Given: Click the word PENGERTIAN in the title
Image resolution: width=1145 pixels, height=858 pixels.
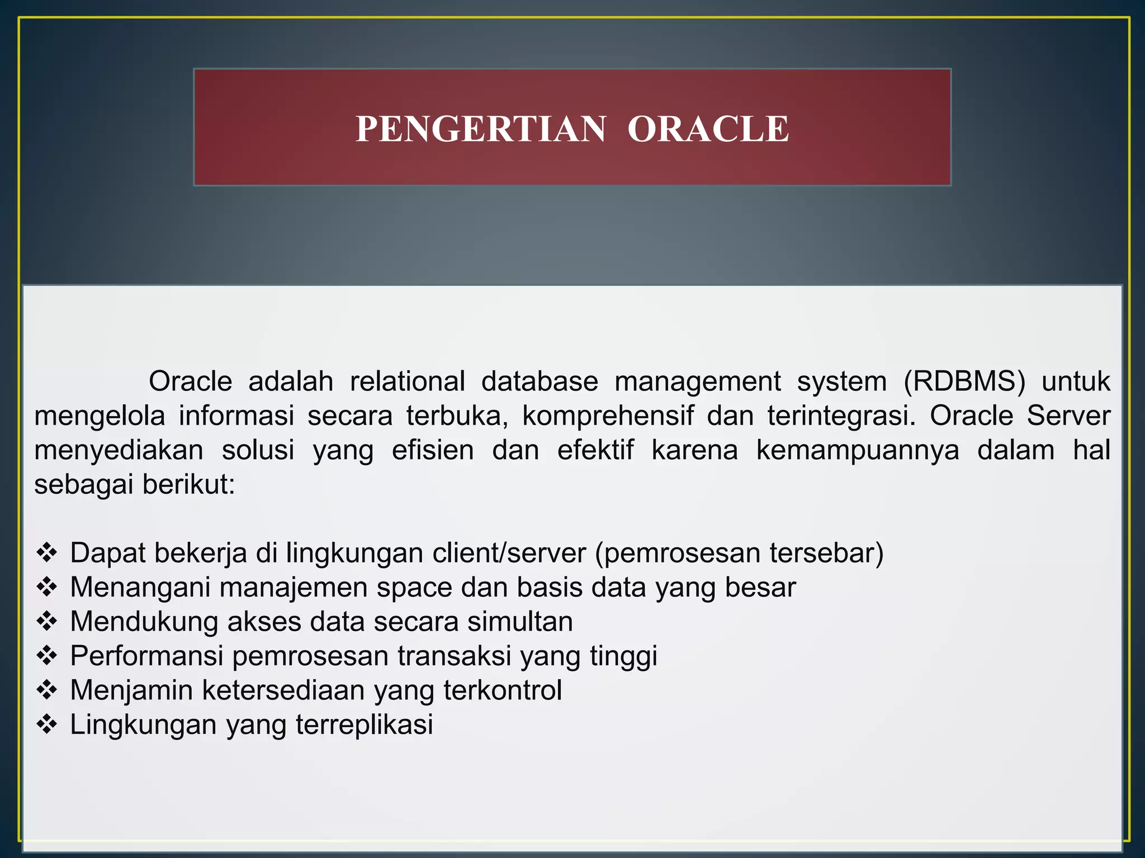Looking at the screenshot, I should pyautogui.click(x=481, y=129).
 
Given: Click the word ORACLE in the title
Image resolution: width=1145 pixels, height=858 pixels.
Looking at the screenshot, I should pyautogui.click(x=708, y=129).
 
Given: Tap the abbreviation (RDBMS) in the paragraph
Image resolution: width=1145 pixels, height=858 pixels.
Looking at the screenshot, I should pyautogui.click(x=964, y=382).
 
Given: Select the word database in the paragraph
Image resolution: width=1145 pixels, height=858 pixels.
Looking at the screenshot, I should pyautogui.click(x=540, y=382).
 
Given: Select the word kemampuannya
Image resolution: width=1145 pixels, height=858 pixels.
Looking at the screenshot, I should pyautogui.click(x=857, y=451).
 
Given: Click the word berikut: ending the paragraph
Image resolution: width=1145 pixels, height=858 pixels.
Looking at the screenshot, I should pyautogui.click(x=188, y=484).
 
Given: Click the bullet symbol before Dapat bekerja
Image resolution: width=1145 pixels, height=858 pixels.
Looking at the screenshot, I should pyautogui.click(x=47, y=552).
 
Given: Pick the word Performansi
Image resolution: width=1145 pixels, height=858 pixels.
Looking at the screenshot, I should pyautogui.click(x=146, y=656).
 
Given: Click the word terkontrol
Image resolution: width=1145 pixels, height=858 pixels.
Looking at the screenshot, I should pyautogui.click(x=503, y=690).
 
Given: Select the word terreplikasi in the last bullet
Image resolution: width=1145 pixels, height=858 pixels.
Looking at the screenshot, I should pyautogui.click(x=364, y=724).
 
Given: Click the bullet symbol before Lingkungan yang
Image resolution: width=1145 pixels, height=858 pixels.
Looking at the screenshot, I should pyautogui.click(x=47, y=724).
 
